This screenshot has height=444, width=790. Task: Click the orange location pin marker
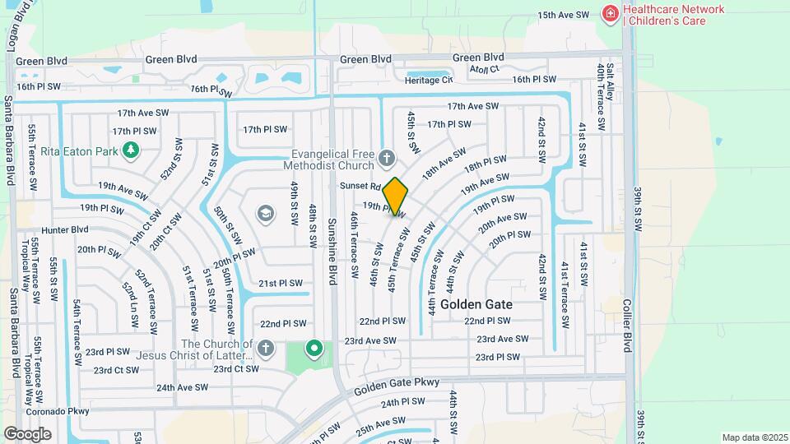396,196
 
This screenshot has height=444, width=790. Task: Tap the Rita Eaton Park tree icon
128,150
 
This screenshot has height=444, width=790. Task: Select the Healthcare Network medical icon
610,13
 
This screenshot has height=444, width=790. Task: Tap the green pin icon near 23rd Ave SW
314,349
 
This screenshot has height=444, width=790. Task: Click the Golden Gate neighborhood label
476,304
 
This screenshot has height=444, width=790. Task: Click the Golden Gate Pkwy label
398,383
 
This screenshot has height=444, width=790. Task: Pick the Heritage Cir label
429,80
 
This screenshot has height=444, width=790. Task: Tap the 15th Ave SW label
564,15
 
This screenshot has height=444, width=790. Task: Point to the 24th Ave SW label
182,387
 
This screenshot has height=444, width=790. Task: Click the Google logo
27,434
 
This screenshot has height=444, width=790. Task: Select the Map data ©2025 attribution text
754,437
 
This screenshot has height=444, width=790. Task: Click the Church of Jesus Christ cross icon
264,349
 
